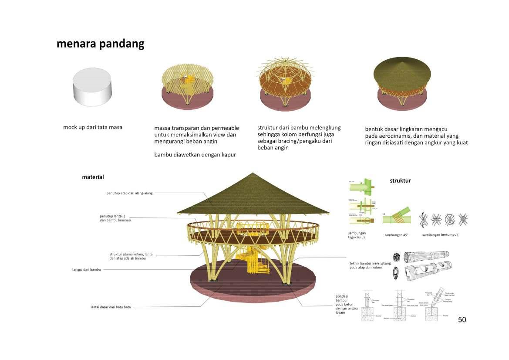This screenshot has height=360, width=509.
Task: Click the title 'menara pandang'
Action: coord(100,44)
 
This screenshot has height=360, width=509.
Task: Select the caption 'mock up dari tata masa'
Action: coord(93,127)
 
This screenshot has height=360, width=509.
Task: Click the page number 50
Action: coord(462,319)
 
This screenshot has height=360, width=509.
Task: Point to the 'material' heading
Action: coord(93,177)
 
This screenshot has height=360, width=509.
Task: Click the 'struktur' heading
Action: coord(400,180)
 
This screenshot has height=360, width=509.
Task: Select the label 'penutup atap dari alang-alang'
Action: coord(130,193)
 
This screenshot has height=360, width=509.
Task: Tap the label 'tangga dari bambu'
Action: coord(86,269)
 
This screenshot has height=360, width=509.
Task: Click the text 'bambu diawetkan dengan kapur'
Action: coord(195,155)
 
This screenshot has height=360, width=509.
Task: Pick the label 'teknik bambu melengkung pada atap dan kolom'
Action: coord(370,265)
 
